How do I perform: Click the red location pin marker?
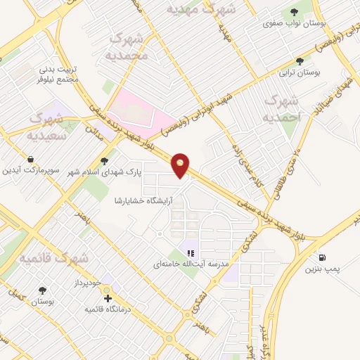[x=181, y=165]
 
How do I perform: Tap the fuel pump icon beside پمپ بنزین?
[x=322, y=257]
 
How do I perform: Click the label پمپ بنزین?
[x=323, y=269]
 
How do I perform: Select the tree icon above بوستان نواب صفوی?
[x=294, y=12]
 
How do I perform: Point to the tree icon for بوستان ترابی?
[x=300, y=62]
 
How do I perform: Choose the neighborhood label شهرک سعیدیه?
[x=48, y=125]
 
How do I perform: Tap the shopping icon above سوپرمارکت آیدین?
[x=30, y=160]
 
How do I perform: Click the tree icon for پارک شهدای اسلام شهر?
[x=105, y=161]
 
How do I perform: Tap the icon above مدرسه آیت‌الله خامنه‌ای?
[x=189, y=253]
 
